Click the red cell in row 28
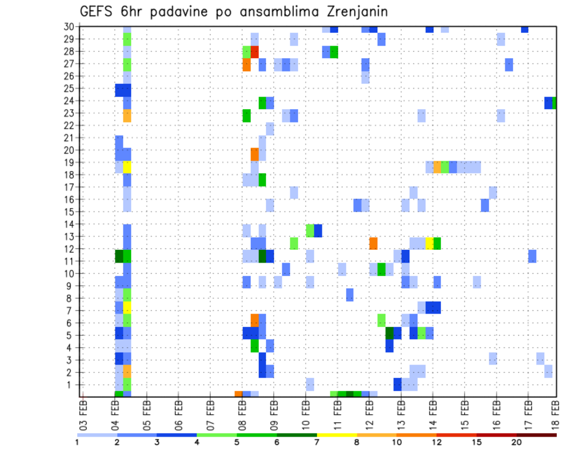point(254,52)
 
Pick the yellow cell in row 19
point(127,167)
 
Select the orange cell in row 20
point(254,155)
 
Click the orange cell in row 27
point(247,64)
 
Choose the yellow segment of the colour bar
point(336,435)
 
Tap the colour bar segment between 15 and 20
point(496,435)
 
